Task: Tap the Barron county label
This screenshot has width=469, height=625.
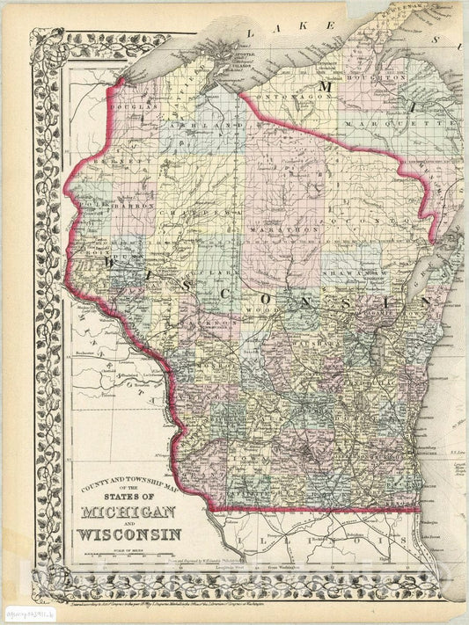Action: (141, 207)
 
